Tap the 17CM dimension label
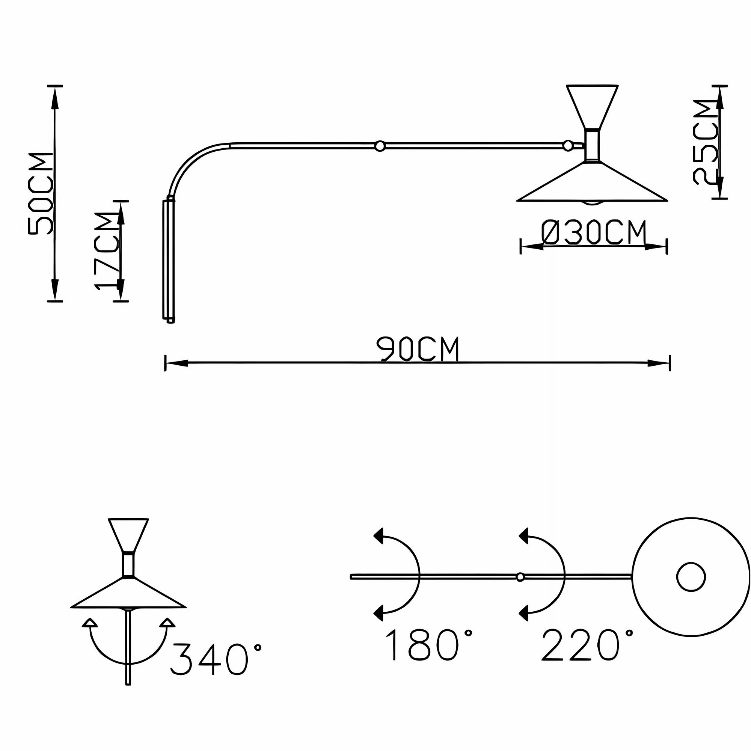point(106,251)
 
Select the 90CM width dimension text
point(418,350)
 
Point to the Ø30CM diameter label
point(594,232)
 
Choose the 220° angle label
point(587,645)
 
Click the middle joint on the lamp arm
point(380,146)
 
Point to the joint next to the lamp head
point(568,146)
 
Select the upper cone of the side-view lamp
point(592,107)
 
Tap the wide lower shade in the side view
point(592,182)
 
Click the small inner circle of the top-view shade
point(691,577)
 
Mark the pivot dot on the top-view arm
point(520,577)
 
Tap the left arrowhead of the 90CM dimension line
point(177,363)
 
